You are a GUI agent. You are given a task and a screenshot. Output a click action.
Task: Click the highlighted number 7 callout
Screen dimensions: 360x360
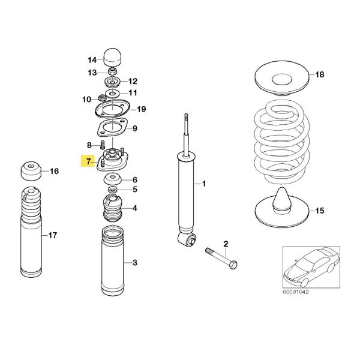tap(89, 161)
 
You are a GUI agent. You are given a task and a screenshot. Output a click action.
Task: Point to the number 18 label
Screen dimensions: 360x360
tap(319, 74)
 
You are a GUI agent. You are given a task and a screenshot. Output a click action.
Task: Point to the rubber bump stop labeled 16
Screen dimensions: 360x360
tap(32, 172)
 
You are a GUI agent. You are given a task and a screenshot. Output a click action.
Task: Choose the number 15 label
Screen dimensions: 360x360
tap(319, 211)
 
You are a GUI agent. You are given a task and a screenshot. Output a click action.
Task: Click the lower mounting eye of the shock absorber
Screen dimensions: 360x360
tap(187, 241)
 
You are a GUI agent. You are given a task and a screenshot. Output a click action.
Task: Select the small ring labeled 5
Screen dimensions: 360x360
tap(112, 190)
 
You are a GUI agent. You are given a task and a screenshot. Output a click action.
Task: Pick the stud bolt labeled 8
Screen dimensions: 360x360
tap(103, 145)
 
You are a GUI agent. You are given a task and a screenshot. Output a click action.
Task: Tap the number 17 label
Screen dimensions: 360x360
tap(52, 235)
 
